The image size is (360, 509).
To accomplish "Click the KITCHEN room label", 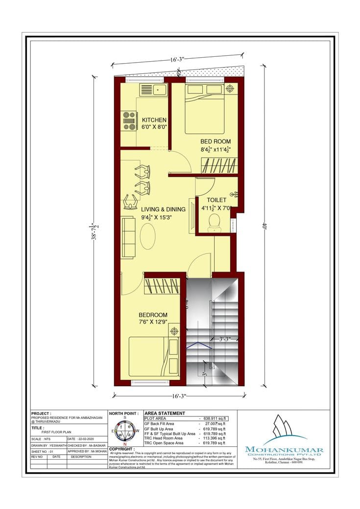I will (x=154, y=120).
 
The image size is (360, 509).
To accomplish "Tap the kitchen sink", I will (x=153, y=90).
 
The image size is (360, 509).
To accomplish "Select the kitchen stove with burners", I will (x=129, y=120).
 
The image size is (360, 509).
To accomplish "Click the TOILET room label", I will (x=216, y=200).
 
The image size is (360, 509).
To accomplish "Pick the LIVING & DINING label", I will (x=163, y=209).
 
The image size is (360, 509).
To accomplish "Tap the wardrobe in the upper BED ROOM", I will (x=219, y=165).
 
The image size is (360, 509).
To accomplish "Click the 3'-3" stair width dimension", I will (x=224, y=338).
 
